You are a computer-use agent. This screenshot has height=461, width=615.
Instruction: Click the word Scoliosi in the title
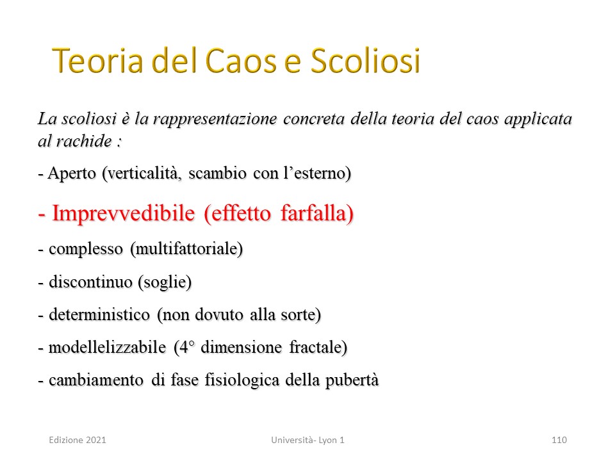(x=365, y=61)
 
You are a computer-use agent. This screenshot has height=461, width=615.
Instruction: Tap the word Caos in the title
(x=241, y=61)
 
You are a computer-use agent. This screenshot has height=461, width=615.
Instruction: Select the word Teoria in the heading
(x=97, y=61)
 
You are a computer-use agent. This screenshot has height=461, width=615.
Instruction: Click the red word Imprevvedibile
(x=124, y=214)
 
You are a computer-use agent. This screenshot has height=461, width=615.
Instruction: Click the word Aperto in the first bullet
(x=72, y=174)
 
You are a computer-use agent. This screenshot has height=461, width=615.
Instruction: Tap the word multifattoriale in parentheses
(x=186, y=249)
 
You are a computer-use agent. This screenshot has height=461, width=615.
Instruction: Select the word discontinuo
(x=90, y=282)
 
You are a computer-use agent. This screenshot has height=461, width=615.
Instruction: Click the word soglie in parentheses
(x=165, y=282)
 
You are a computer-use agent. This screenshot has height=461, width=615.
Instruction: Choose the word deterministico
(x=99, y=315)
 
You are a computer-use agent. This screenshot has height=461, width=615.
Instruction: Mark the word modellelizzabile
(x=107, y=347)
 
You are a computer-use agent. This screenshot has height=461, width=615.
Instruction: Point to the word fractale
(x=318, y=348)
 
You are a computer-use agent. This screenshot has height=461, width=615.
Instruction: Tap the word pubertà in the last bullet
(x=352, y=380)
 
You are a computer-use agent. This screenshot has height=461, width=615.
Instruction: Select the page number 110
(x=559, y=440)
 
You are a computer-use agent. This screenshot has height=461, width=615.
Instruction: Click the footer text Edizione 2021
(x=78, y=440)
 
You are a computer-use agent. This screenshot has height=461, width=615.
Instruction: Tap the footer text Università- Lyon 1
(x=307, y=440)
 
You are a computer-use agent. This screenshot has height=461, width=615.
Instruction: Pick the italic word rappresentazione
(x=215, y=119)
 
